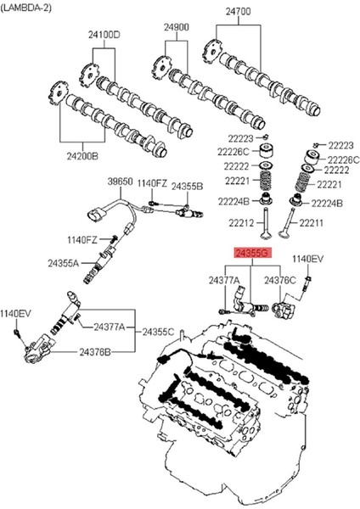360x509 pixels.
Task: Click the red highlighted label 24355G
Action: pos(252,253)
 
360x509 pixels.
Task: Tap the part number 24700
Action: pos(239,12)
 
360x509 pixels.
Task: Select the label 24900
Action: pos(176,27)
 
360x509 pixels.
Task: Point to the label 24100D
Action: pos(104,35)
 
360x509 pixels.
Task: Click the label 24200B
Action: pos(82,156)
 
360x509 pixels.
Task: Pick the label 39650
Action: pos(121,182)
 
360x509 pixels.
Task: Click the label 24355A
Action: pos(64,263)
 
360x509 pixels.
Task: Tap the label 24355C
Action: pos(158,332)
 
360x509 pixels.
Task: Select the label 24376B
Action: pos(95,352)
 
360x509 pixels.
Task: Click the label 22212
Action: pos(241,223)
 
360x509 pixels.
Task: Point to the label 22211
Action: pos(311,223)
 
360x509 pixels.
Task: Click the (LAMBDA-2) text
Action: pos(26,8)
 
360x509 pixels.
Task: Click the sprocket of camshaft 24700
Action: pos(213,52)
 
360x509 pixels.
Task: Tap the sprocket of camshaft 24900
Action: pos(162,69)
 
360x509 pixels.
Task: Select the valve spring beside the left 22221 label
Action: pos(266,181)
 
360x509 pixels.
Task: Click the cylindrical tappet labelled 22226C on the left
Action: pos(267,150)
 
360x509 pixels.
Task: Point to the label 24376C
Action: pos(279,280)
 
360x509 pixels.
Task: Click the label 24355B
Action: pos(187,187)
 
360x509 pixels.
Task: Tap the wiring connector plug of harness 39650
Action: pos(97,215)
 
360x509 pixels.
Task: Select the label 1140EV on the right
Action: pos(307,259)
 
